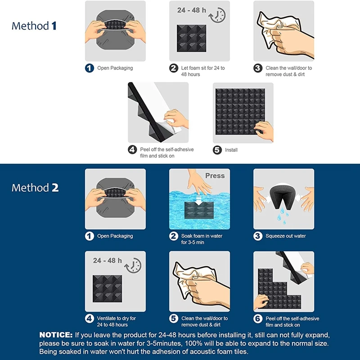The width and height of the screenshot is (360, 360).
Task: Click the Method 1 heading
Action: [x=34, y=26]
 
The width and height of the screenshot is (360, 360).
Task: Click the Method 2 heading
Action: [x=35, y=188]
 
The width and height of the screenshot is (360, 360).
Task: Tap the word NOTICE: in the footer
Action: [x=56, y=335]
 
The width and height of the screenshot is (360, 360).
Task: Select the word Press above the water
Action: [x=215, y=175]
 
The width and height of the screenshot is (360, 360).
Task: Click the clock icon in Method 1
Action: [x=217, y=15]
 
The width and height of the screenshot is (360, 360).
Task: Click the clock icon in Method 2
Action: [x=133, y=265]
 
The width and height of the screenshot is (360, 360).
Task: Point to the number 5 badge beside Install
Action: [x=217, y=150]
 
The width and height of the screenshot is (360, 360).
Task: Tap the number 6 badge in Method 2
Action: [x=258, y=319]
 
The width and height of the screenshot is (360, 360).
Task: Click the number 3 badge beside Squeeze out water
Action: [x=258, y=236]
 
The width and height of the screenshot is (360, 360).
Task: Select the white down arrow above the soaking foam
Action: [x=199, y=199]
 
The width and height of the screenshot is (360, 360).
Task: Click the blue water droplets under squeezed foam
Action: [x=283, y=216]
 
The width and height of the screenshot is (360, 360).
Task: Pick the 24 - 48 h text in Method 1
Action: [x=192, y=10]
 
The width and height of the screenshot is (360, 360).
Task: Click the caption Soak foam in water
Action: [x=202, y=236]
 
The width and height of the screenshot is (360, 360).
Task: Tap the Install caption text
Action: [x=231, y=150]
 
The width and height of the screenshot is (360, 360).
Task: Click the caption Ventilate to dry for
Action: [x=117, y=318]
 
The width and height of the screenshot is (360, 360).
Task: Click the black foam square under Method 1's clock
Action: [x=192, y=38]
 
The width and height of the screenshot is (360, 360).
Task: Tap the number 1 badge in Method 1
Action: [x=89, y=68]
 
